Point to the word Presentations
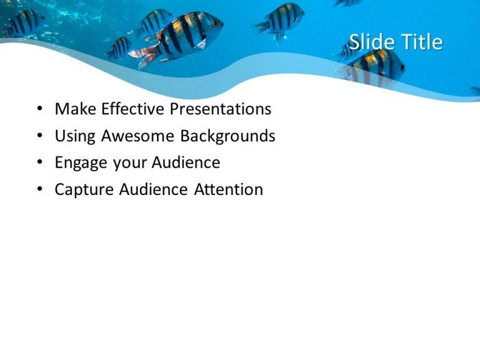coord(221,109)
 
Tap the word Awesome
coord(138,136)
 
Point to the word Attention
coord(229,190)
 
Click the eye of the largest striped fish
coord(214,24)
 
